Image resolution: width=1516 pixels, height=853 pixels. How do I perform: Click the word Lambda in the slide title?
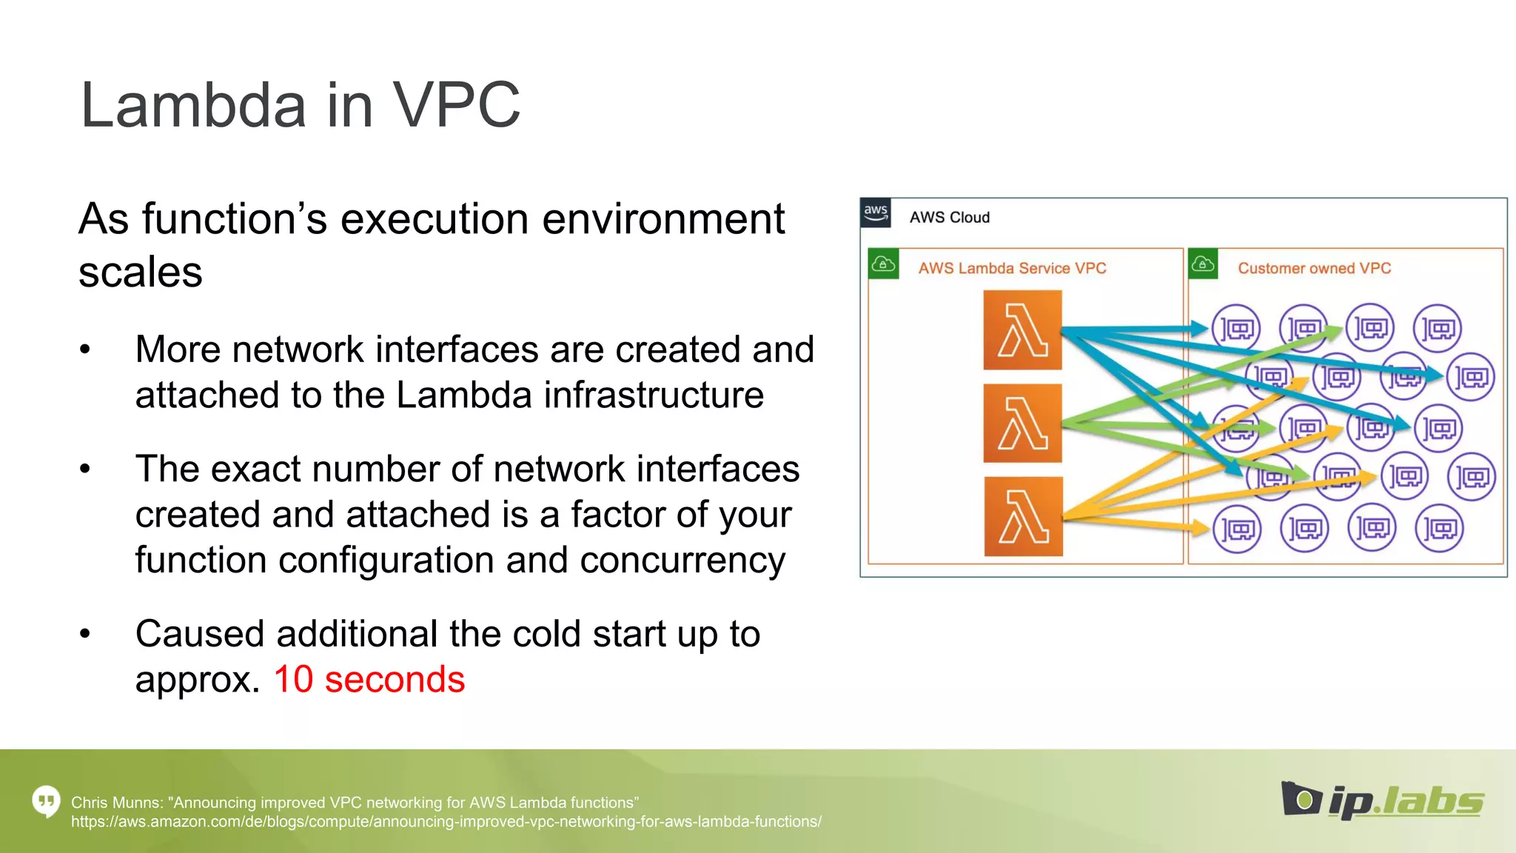[x=192, y=105]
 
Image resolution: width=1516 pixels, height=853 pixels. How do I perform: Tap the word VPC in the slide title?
[x=456, y=105]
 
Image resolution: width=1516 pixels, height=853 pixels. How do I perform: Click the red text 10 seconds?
[x=369, y=679]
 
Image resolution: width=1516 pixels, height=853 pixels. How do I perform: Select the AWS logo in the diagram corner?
[x=876, y=213]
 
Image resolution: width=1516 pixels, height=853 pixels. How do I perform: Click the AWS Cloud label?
[x=949, y=218]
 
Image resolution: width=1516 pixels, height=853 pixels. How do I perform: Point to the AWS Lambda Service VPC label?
[x=1012, y=268]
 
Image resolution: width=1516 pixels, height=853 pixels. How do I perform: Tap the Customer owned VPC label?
[x=1314, y=268]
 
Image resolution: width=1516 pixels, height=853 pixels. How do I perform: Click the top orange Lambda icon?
[x=1022, y=330]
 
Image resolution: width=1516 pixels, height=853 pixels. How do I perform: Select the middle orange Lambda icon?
[x=1022, y=424]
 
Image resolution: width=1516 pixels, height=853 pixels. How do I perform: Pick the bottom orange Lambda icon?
[x=1023, y=517]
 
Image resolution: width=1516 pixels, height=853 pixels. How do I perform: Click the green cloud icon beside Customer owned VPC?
[x=1203, y=264]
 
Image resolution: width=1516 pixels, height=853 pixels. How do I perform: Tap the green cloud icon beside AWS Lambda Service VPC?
[x=883, y=264]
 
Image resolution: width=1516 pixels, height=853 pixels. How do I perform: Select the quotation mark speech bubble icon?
[x=46, y=801]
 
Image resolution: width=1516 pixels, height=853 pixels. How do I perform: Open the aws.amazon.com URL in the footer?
[x=446, y=822]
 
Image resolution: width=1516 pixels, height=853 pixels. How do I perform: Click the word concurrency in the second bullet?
[x=682, y=560]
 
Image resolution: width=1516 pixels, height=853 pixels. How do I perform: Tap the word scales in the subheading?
[x=140, y=272]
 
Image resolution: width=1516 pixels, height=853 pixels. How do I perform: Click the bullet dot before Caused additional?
[x=85, y=634]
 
